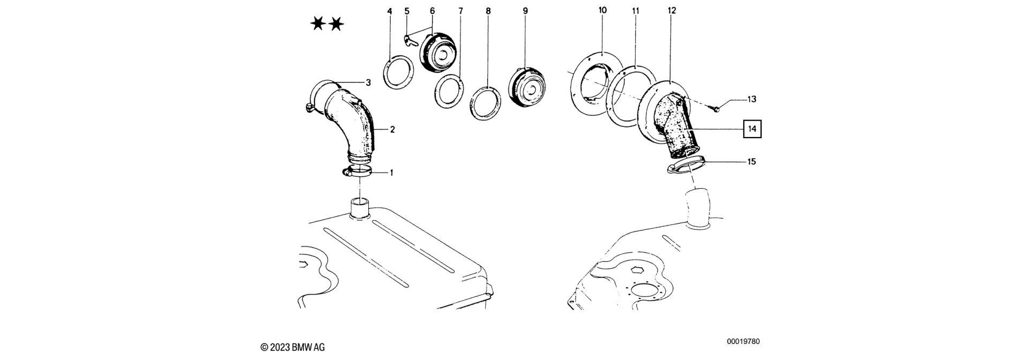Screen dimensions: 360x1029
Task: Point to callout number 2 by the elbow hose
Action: point(392,130)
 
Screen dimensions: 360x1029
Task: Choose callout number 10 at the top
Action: point(602,10)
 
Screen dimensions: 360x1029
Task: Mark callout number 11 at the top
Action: point(636,10)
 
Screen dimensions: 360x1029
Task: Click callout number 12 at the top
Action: point(672,10)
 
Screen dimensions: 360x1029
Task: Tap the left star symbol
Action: point(318,24)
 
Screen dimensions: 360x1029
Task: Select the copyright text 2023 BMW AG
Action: point(293,347)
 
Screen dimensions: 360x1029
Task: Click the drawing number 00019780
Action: point(743,342)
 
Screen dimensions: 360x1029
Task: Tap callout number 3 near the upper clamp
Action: point(368,82)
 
